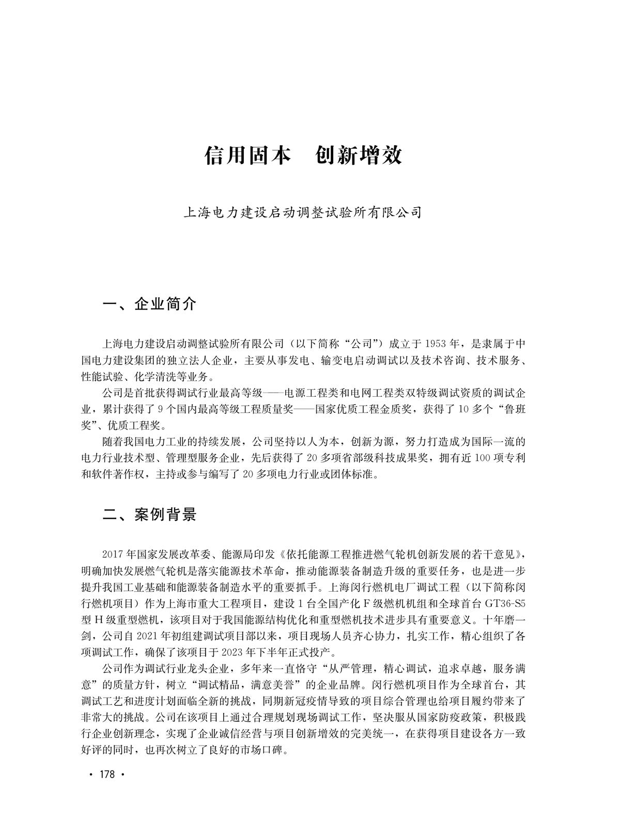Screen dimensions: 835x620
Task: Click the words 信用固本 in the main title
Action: click(248, 156)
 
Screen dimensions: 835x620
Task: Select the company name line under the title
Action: click(303, 212)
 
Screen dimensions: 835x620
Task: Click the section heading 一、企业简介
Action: click(150, 304)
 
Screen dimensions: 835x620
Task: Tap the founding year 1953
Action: click(437, 344)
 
